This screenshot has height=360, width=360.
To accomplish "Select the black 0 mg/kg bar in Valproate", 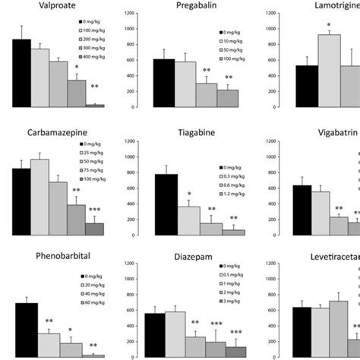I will click(x=21, y=72).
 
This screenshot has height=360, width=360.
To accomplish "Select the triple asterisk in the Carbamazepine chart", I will click(x=95, y=210).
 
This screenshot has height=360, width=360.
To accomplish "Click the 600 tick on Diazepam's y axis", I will click(x=135, y=329).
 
